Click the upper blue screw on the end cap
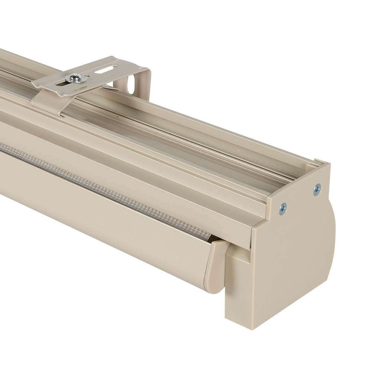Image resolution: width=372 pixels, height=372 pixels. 317,189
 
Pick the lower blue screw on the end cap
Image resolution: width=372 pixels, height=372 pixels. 283,209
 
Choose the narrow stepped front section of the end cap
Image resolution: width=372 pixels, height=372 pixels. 238,283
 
